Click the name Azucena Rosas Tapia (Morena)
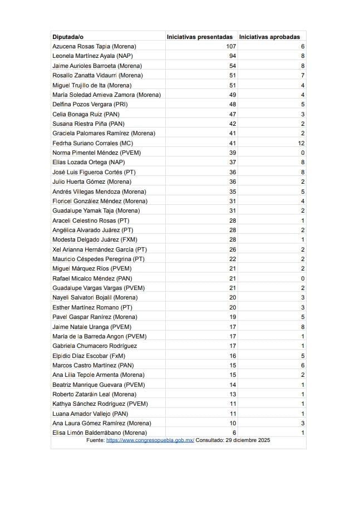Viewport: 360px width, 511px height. (94, 46)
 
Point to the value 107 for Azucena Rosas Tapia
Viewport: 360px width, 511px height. (231, 46)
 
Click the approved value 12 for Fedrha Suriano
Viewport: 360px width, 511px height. (301, 143)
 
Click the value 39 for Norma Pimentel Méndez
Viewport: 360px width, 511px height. (233, 153)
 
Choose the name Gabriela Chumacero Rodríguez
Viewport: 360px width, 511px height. (95, 346)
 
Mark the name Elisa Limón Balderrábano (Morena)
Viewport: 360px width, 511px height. (100, 433)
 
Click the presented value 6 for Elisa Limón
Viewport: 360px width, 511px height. (234, 433)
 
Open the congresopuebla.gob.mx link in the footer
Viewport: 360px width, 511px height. (150, 440)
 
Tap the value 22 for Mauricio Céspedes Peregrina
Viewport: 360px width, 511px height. (233, 259)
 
